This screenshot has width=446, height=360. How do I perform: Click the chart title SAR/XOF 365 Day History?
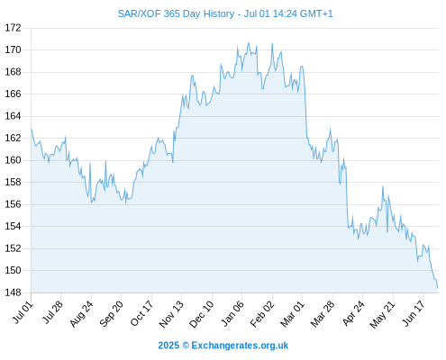coord(176,13)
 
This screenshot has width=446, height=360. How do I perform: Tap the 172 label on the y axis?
coord(13,28)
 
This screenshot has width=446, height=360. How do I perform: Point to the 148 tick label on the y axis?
coord(13,292)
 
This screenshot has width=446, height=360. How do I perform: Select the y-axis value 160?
coord(13,160)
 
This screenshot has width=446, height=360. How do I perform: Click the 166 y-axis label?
coord(13,94)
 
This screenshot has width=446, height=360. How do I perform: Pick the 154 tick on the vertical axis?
coord(13,226)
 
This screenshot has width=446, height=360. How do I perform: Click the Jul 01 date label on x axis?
coord(23,312)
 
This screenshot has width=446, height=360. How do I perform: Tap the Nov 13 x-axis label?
coord(171,314)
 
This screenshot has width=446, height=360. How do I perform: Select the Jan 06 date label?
coord(232,313)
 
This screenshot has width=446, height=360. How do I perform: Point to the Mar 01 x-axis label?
coord(293,314)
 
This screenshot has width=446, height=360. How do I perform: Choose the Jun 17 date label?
coord(414,313)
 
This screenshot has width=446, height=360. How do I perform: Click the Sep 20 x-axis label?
coord(112,313)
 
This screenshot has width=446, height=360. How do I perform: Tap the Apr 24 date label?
coord(353,313)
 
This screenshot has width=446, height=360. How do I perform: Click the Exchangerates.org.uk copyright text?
coord(240,346)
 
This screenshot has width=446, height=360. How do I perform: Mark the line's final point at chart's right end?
coord(438,288)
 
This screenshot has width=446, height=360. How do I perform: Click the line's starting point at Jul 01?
coord(32,130)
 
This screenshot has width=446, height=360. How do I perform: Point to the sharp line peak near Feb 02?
coord(272,43)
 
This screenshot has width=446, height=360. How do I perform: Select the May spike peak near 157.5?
coord(383,186)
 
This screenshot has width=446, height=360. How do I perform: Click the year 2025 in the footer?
coord(168,346)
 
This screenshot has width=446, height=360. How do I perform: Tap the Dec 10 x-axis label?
coord(202,314)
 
